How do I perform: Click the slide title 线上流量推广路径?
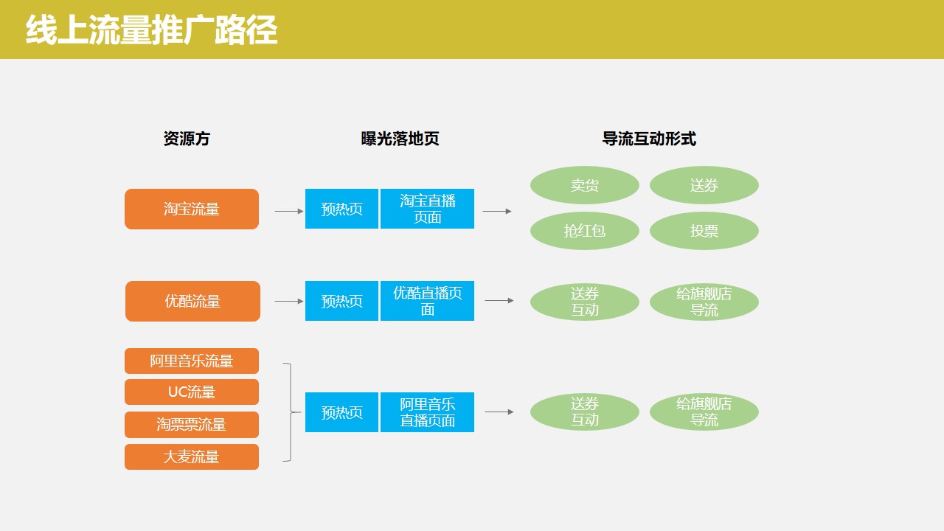[151, 30]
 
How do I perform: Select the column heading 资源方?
[187, 139]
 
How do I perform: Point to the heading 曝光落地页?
[400, 139]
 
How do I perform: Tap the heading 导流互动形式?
[649, 139]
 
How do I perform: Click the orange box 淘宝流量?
[192, 209]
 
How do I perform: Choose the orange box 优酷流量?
[192, 301]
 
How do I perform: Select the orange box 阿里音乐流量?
[192, 361]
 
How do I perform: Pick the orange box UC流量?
[192, 392]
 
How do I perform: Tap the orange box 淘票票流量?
[192, 424]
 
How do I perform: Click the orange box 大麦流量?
[192, 457]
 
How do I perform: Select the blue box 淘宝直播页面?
[427, 209]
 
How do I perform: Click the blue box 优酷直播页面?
[427, 301]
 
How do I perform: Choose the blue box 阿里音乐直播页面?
[427, 412]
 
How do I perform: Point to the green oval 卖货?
[585, 185]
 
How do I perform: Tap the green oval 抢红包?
[585, 231]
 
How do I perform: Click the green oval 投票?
[704, 231]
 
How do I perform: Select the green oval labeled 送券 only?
[704, 185]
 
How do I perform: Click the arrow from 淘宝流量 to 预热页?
[289, 211]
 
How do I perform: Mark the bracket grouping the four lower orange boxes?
[291, 412]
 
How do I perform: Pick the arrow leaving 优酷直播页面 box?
[499, 300]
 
